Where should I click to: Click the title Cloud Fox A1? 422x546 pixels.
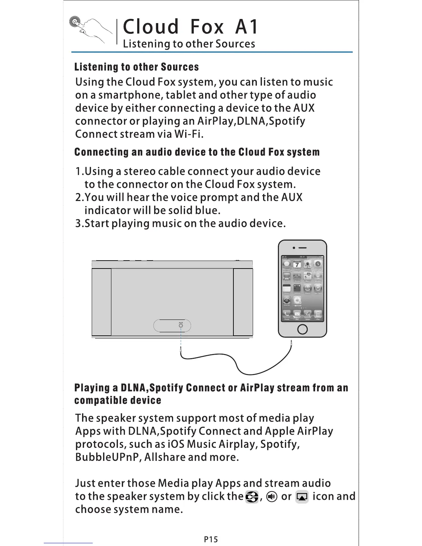(190, 27)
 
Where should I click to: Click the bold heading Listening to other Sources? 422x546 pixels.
(137, 67)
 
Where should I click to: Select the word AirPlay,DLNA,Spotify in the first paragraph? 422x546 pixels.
(251, 121)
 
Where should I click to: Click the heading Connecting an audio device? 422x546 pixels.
(197, 152)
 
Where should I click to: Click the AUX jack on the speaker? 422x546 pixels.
(181, 326)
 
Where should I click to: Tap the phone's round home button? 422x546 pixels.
(302, 329)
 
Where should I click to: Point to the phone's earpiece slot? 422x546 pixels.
(302, 248)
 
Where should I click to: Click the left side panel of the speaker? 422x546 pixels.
(101, 302)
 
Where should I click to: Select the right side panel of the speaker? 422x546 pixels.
(243, 302)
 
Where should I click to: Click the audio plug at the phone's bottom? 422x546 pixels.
(292, 344)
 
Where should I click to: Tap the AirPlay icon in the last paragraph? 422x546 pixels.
(302, 497)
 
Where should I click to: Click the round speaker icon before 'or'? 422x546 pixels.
(272, 497)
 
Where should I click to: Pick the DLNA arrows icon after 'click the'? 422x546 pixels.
(252, 497)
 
